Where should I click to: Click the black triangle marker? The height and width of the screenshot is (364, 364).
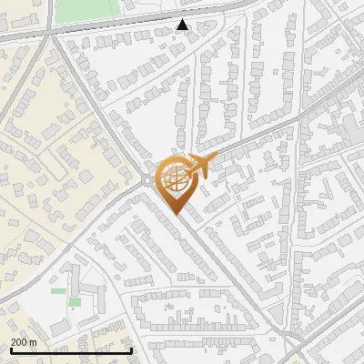[x=183, y=25]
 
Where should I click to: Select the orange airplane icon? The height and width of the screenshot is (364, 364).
[x=195, y=167]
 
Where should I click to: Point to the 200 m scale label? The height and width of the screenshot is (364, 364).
[x=25, y=341]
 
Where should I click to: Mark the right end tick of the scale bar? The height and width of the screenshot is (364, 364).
[x=132, y=350]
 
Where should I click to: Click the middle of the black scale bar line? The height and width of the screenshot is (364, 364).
[x=70, y=350]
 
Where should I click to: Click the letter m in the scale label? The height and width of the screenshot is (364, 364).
[x=35, y=341]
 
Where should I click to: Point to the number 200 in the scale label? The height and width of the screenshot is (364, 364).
[x=19, y=341]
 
